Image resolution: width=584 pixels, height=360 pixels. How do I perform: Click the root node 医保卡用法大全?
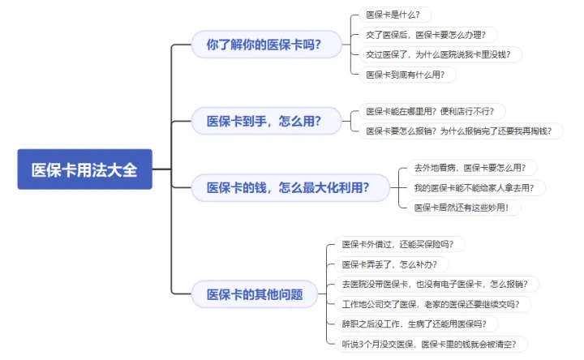pos(85,169)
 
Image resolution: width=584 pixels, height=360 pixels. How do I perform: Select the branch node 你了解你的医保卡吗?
pos(266,45)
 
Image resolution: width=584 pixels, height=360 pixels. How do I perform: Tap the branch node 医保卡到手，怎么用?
pos(266,121)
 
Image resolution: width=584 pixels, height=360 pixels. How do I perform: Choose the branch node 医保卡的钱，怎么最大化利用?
pos(290,187)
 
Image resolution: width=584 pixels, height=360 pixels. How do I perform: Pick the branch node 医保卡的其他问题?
pos(255,294)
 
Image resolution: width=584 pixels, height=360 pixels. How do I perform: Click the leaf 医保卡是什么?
pos(395,15)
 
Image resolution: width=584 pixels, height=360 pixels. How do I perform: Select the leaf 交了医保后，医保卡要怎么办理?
pos(428,35)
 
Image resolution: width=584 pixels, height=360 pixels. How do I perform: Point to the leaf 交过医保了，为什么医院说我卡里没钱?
pos(440,54)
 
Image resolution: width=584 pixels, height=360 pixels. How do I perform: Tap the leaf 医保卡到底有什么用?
pos(407,75)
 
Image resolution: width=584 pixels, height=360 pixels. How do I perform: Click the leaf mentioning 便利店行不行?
pos(432,111)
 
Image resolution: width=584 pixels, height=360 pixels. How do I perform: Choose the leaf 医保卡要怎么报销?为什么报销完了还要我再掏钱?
pos(461,131)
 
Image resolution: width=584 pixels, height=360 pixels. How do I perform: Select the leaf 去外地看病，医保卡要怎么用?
pos(472,168)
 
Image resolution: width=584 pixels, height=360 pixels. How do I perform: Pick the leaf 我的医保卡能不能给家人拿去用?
pos(476,187)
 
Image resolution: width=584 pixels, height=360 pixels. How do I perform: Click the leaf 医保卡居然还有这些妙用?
pos(464,208)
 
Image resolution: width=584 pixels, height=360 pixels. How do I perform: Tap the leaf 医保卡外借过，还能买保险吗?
pos(400,244)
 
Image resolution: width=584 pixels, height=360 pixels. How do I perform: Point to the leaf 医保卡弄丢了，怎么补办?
pos(392,264)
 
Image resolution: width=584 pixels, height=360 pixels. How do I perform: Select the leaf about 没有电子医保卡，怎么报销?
pos(437,284)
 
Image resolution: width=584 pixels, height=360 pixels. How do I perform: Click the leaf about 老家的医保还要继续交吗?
pos(433,304)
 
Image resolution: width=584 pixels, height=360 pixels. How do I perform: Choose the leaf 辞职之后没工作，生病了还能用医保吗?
pos(416,324)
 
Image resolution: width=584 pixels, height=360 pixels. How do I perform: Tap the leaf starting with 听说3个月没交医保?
pos(432,344)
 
